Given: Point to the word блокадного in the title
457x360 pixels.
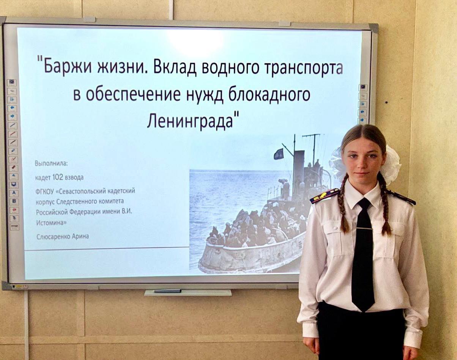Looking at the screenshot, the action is [269, 95].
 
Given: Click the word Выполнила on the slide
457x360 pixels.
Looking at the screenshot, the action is [51, 163].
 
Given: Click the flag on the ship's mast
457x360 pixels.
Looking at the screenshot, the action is [279, 154].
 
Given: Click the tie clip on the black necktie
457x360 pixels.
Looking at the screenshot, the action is [365, 228].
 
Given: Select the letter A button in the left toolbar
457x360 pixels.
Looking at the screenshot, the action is [14, 193].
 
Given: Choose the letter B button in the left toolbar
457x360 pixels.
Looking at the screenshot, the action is [14, 201].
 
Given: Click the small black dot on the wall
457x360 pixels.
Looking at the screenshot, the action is [387, 102].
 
